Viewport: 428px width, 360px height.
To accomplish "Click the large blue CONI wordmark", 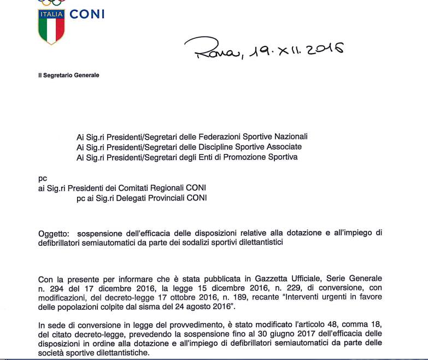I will click(x=87, y=14).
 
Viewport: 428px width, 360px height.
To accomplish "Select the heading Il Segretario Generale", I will click(x=69, y=75).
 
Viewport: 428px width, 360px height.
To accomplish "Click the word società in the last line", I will click(x=51, y=352).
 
